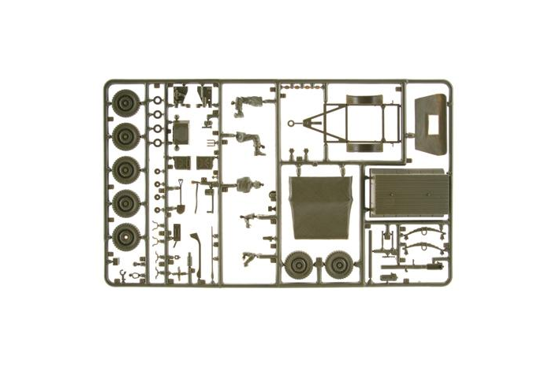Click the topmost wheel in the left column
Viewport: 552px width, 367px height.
[x=125, y=102]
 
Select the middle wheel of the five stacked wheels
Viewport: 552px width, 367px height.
[x=125, y=169]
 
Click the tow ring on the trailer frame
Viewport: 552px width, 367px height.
[x=293, y=124]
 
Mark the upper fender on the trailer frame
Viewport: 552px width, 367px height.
[x=364, y=100]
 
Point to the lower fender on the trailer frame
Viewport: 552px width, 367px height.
[x=364, y=147]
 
